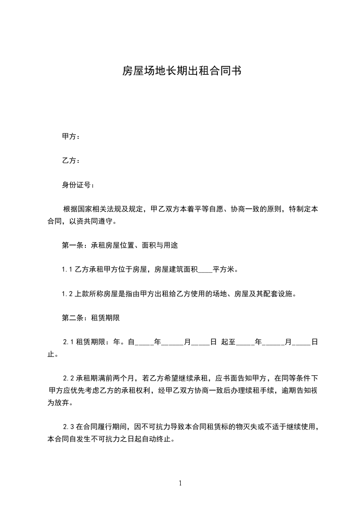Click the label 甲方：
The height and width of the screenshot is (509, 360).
71,137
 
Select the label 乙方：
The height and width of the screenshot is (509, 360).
71,161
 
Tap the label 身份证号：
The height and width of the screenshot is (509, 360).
79,185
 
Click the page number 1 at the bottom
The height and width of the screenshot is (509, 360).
180,483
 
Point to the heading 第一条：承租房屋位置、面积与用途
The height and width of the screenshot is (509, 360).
119,245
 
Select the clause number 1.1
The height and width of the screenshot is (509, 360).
67,269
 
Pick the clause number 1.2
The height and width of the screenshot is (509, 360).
67,294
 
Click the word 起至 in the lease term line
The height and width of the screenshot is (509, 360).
228,343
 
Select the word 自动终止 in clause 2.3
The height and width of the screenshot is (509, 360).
158,440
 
